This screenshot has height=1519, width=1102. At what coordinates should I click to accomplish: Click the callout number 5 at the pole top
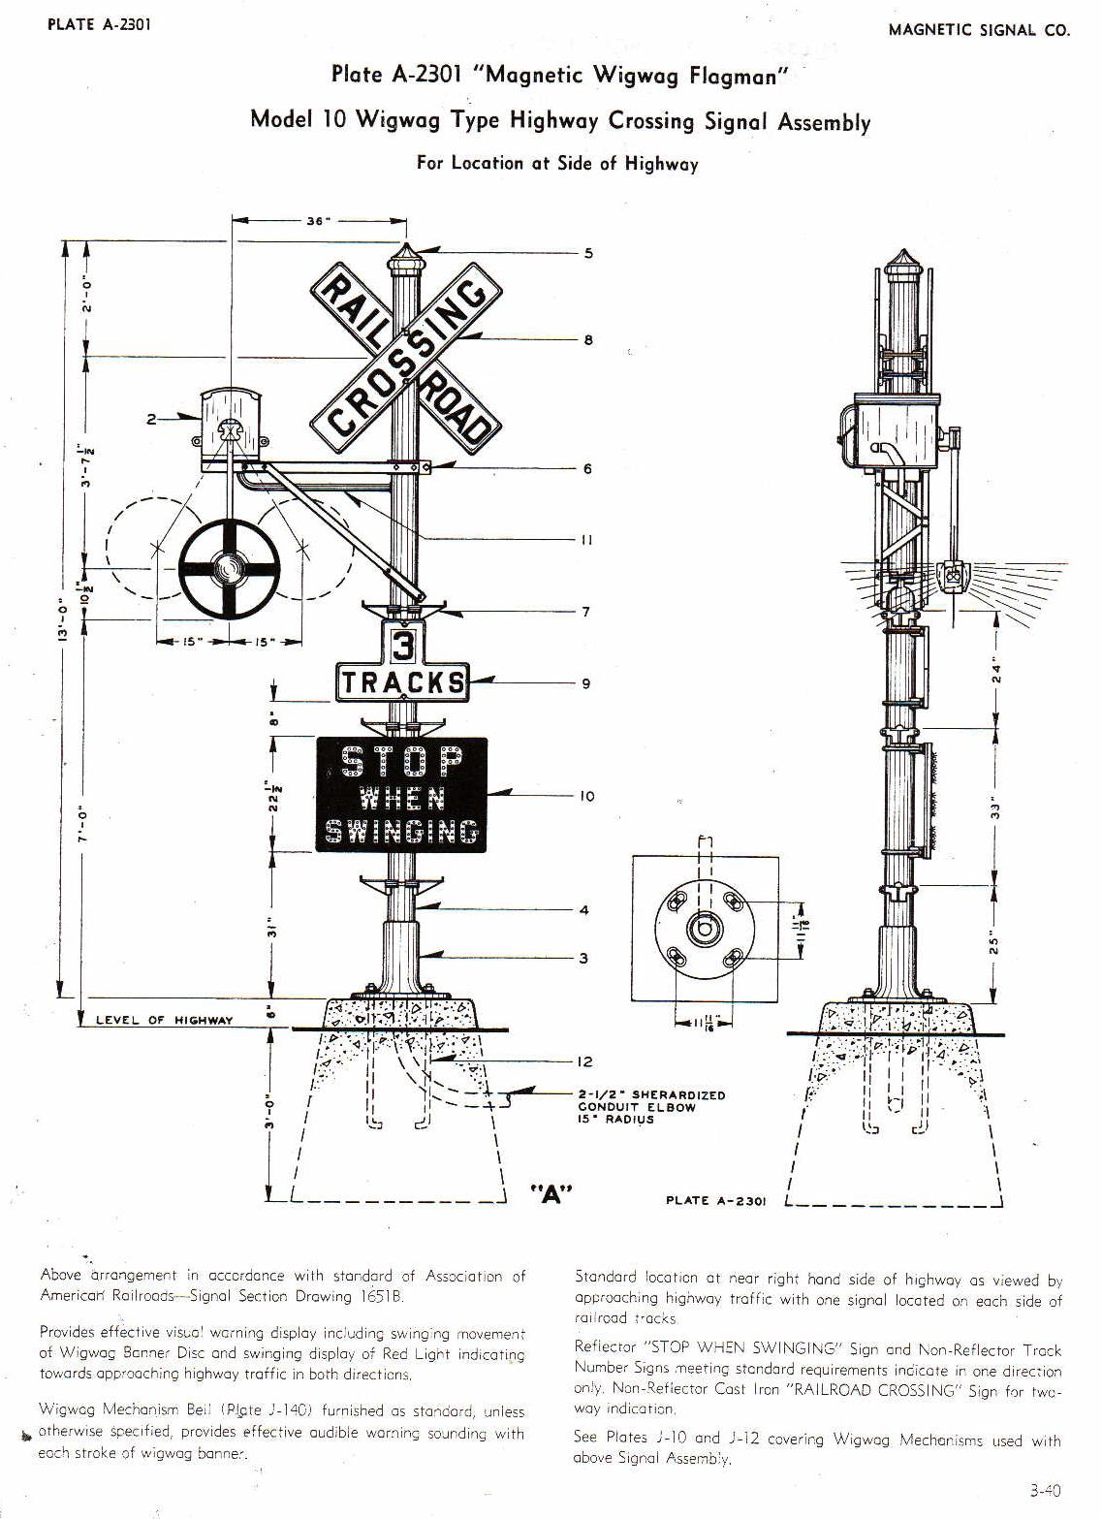pyautogui.click(x=588, y=254)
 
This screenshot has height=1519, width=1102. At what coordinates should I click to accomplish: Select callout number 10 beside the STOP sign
pyautogui.click(x=587, y=797)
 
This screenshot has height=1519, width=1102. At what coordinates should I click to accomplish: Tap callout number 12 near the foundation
pyautogui.click(x=584, y=1062)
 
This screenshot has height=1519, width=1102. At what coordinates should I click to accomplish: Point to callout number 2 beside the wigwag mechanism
pyautogui.click(x=151, y=419)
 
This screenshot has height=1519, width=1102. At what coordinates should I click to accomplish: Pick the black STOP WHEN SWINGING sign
pyautogui.click(x=401, y=795)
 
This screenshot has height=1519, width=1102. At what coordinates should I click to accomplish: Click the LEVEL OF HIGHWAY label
pyautogui.click(x=164, y=1020)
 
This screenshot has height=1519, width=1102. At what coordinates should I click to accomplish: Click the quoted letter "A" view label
pyautogui.click(x=551, y=1194)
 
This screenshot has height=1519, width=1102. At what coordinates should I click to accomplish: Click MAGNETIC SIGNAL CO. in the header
pyautogui.click(x=979, y=30)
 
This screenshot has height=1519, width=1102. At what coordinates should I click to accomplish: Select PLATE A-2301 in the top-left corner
pyautogui.click(x=99, y=25)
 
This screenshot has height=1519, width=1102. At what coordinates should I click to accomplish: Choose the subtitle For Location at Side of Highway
pyautogui.click(x=557, y=163)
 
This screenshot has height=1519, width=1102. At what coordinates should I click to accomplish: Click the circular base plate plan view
pyautogui.click(x=705, y=929)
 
